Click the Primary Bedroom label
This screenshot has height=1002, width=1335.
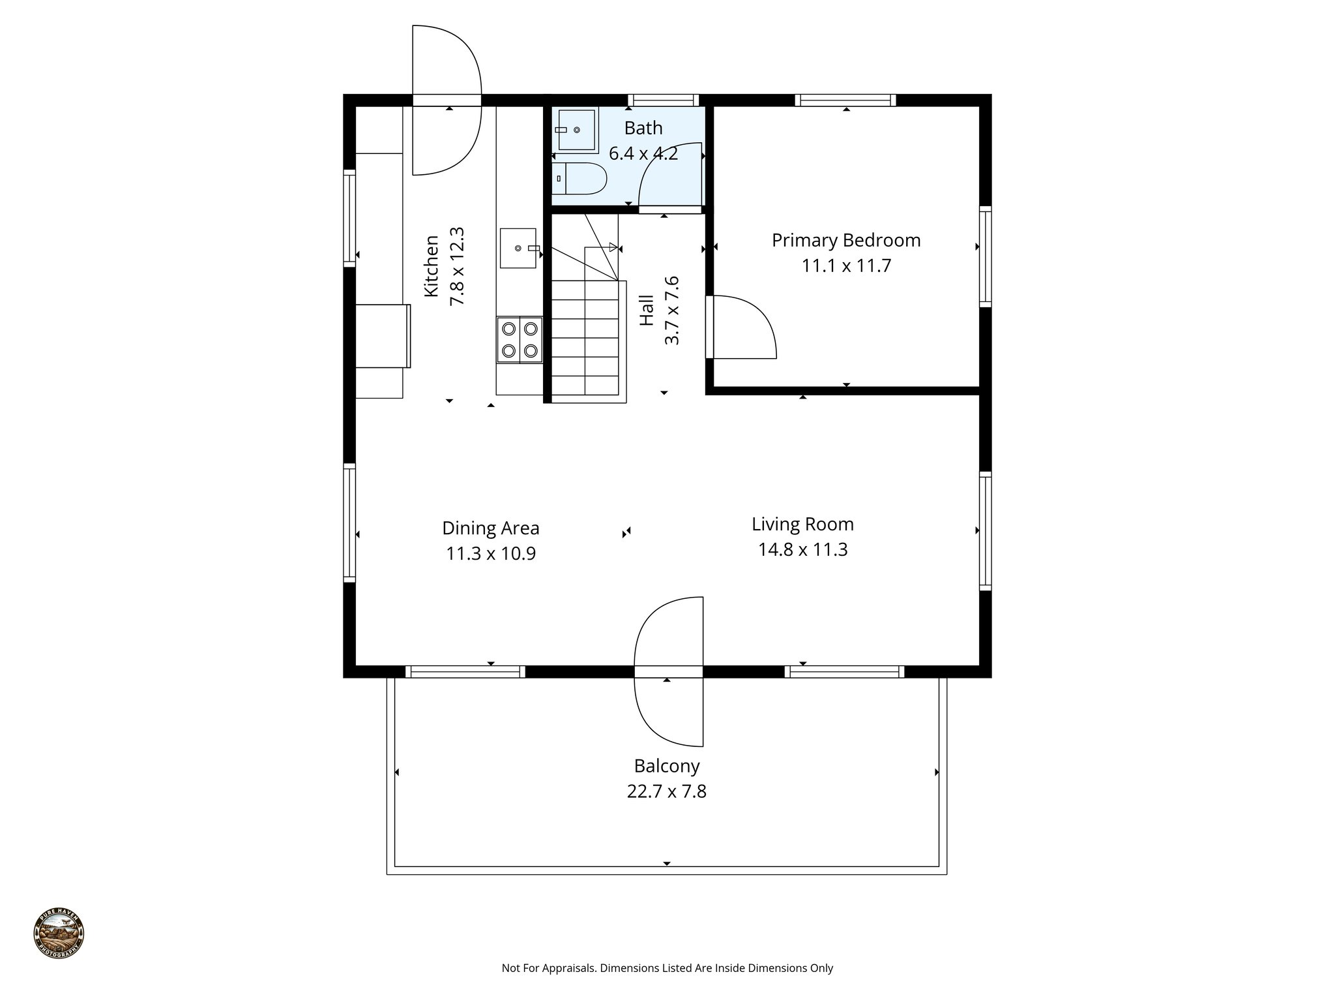point(845,240)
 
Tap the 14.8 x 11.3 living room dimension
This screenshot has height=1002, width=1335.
point(802,550)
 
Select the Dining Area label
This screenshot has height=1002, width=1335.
point(490,528)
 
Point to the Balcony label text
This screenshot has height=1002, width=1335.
point(666,766)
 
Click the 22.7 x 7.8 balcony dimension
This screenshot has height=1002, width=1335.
point(666,791)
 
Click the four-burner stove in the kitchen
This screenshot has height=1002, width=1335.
point(520,339)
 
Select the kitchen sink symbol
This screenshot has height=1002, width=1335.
point(518,248)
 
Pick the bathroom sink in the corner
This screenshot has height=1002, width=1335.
point(575,130)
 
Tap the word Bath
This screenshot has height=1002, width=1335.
point(643,128)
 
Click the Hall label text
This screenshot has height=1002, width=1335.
point(647,311)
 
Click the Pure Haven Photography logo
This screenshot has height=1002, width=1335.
point(59,934)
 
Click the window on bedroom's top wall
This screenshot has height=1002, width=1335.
point(845,100)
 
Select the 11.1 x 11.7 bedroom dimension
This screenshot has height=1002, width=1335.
point(845,266)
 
